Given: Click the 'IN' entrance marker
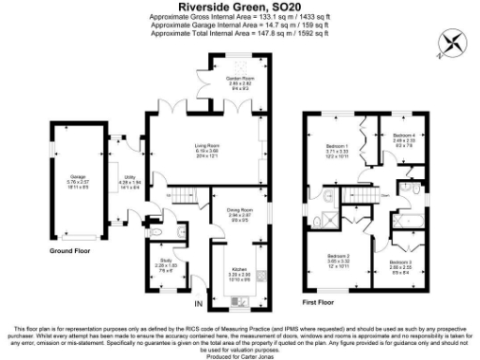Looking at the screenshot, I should [197, 305].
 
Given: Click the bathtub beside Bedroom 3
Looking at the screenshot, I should [411, 221].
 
